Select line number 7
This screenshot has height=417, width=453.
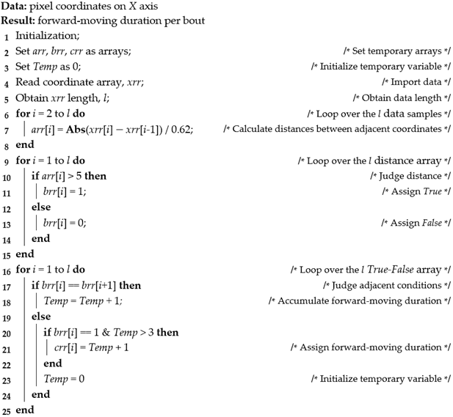pyautogui.click(x=5, y=130)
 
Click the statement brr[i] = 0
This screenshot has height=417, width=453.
pyautogui.click(x=65, y=223)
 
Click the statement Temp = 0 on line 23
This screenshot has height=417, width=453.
pyautogui.click(x=65, y=379)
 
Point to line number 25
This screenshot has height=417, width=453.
pyautogui.click(x=7, y=410)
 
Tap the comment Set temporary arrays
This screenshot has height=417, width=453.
pyautogui.click(x=396, y=51)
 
